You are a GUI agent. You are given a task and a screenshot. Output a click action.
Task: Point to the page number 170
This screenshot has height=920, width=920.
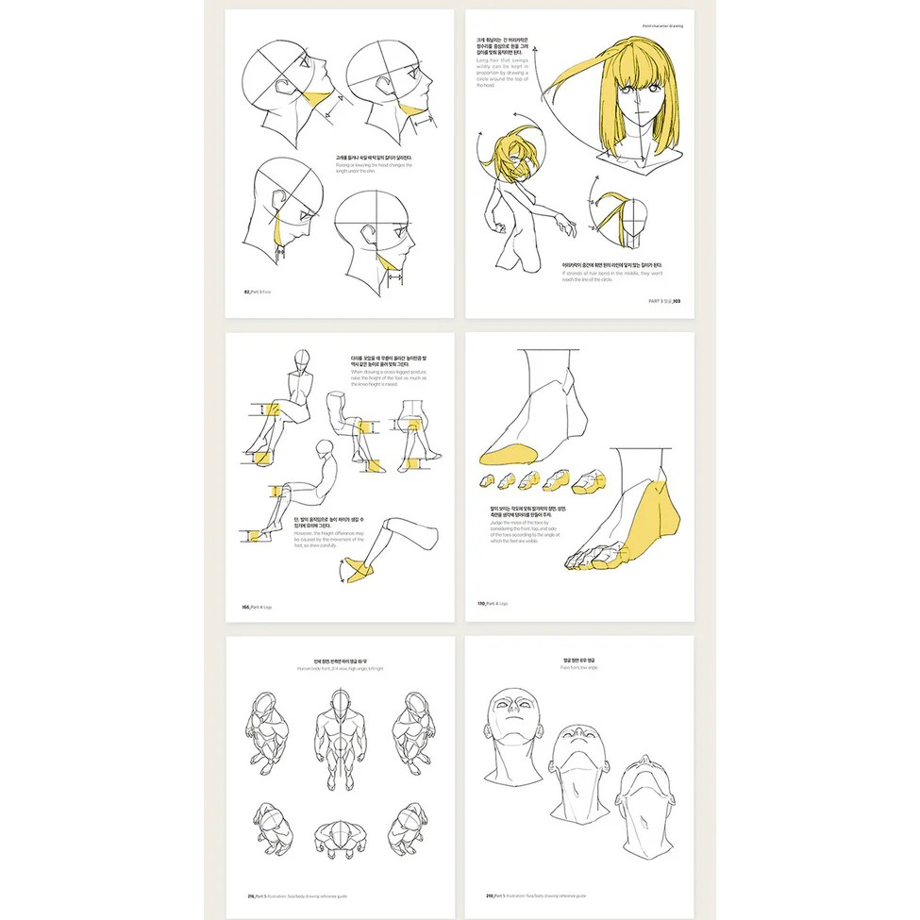pyautogui.click(x=481, y=603)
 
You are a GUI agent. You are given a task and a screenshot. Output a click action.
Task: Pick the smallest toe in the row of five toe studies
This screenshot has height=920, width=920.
pyautogui.click(x=484, y=480)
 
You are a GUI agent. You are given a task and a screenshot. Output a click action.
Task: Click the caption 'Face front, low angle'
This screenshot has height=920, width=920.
pyautogui.click(x=585, y=667)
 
